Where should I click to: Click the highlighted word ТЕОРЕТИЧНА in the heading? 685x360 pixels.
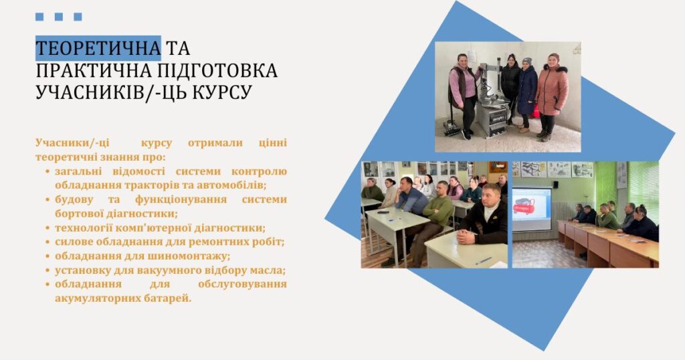(98, 48)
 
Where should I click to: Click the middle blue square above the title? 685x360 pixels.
(59, 17)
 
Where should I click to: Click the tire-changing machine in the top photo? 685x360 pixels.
(492, 101)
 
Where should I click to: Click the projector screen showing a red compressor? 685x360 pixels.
(532, 209)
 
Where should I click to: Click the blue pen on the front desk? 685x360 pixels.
(483, 261)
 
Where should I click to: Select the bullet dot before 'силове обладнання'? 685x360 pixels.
(47, 242)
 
